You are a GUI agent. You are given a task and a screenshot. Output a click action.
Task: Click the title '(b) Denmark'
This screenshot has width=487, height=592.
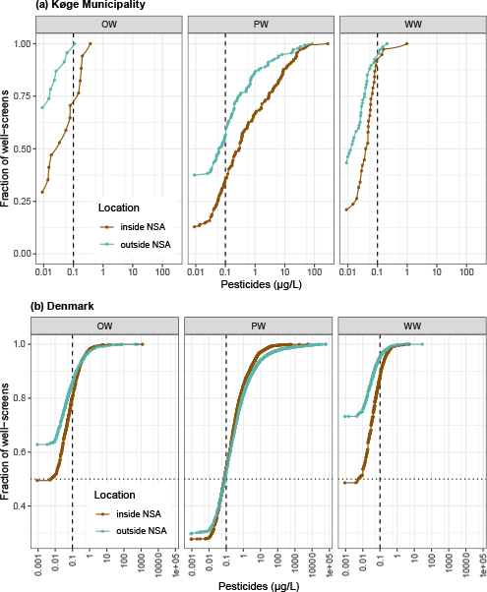(35, 307)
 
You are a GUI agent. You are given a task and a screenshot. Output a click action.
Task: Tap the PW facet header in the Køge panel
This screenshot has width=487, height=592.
(259, 24)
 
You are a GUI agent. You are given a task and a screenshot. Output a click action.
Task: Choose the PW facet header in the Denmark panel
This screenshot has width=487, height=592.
(259, 325)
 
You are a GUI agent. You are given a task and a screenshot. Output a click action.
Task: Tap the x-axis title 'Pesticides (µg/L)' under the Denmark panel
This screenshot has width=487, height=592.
(258, 584)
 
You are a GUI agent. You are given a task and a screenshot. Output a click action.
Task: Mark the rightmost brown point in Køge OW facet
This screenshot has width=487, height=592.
(90, 44)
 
